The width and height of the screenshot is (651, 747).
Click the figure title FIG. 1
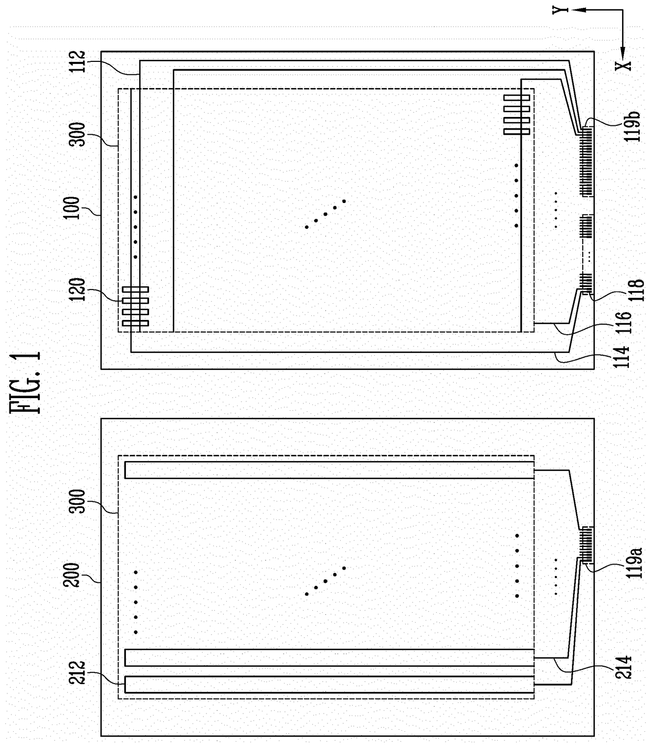tap(26, 382)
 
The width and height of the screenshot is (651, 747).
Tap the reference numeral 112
tap(77, 61)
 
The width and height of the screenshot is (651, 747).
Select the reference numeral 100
tap(71, 208)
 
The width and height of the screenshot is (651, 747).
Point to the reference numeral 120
tap(77, 290)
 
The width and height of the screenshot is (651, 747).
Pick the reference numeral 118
tap(635, 290)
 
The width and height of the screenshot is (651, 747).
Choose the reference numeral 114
tap(623, 357)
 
